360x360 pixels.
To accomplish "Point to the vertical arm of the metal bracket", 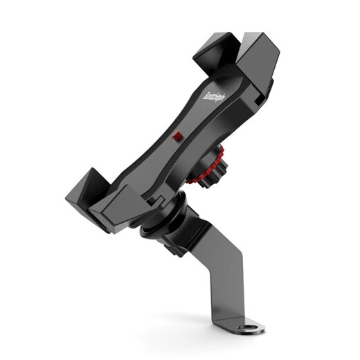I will (229, 284).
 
